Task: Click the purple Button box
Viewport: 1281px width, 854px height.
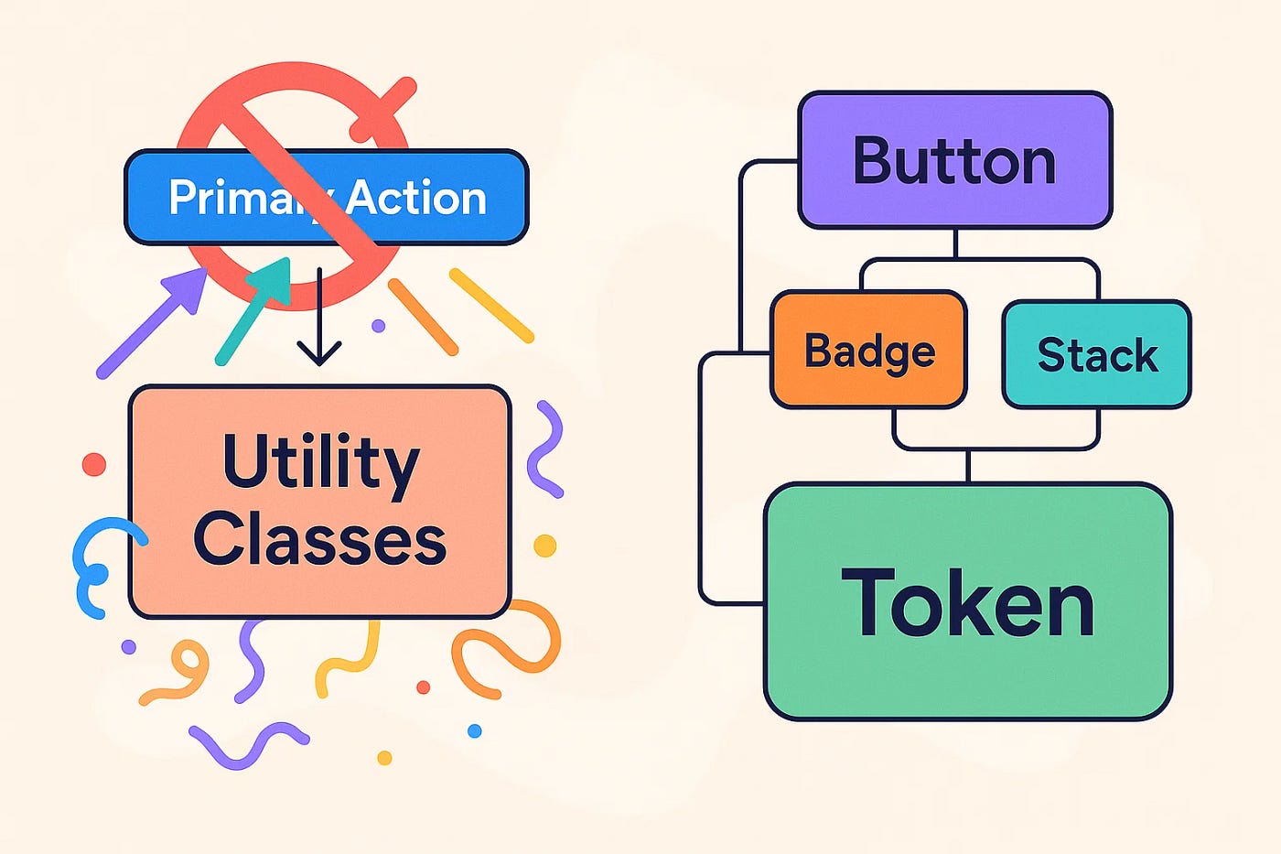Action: click(954, 160)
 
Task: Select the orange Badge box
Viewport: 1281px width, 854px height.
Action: click(868, 350)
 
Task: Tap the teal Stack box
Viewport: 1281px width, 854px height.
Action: click(1096, 354)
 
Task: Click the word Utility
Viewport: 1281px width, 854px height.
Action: click(320, 462)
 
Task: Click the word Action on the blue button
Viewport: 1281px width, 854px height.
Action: click(416, 197)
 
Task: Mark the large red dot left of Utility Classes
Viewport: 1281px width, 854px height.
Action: click(94, 464)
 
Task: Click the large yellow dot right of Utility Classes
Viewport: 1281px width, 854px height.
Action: click(545, 546)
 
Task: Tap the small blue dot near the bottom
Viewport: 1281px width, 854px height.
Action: click(474, 730)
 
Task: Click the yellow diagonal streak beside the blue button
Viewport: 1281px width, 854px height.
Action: click(491, 306)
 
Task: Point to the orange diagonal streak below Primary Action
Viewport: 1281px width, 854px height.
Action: click(423, 317)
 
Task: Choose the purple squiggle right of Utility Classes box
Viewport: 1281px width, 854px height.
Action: click(545, 449)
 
